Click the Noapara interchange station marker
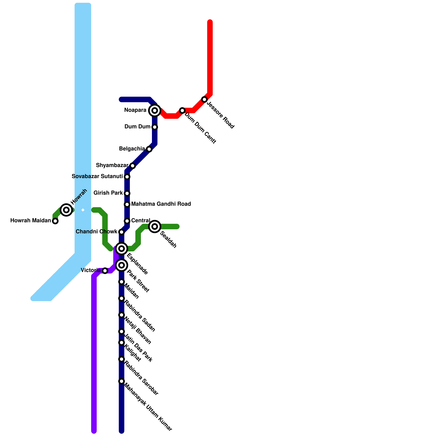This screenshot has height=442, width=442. (x=155, y=110)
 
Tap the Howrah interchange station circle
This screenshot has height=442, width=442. (x=66, y=210)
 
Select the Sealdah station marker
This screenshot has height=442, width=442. (x=155, y=227)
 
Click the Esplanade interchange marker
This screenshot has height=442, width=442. (x=122, y=249)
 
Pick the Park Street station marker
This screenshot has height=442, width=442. (x=122, y=265)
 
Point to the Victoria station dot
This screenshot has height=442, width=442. (x=105, y=271)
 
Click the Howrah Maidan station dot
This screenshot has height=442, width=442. (x=55, y=221)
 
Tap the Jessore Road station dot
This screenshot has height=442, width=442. (x=204, y=99)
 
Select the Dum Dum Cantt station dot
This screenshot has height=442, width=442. (x=182, y=110)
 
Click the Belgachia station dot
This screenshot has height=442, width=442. (x=149, y=149)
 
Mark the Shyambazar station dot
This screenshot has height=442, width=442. (x=133, y=166)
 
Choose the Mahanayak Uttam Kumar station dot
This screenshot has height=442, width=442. (x=122, y=381)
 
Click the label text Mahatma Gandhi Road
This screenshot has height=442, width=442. (x=161, y=204)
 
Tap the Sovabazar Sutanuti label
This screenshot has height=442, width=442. (x=97, y=177)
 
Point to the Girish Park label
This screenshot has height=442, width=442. (x=108, y=193)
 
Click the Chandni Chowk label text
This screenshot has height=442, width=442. (x=97, y=232)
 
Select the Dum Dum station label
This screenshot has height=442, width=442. (x=137, y=127)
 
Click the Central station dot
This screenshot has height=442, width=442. (x=127, y=221)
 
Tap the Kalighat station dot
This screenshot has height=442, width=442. (x=122, y=343)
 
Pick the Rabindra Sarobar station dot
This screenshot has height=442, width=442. (x=122, y=359)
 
